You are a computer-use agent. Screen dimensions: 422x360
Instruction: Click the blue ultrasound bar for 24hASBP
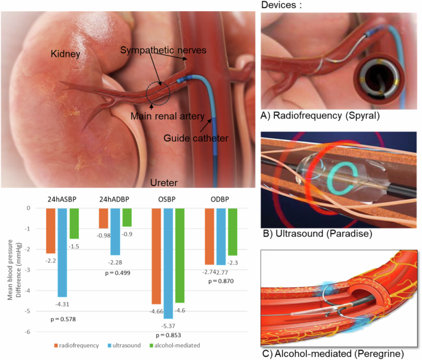62,252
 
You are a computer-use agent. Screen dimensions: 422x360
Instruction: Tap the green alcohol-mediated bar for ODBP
232,232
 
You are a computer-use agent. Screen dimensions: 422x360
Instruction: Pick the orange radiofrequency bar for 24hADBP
103,218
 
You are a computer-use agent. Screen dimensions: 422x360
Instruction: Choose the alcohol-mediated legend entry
182,345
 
